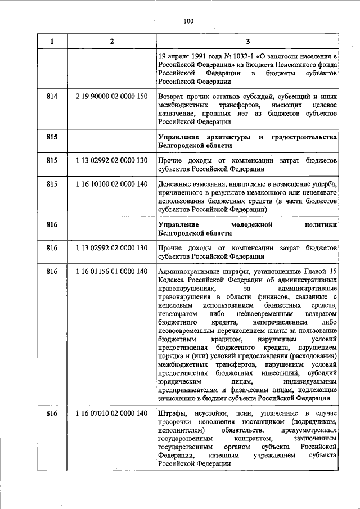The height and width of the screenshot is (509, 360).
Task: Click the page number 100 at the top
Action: [188, 21]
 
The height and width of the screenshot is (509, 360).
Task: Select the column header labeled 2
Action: [111, 41]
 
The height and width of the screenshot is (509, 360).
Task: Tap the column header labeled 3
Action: [247, 41]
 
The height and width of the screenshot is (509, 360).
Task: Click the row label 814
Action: [52, 97]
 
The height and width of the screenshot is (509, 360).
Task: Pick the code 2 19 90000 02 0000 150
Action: [111, 97]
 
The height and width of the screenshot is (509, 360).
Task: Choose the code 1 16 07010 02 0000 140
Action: [111, 414]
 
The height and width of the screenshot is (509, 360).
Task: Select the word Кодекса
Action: [172, 281]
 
